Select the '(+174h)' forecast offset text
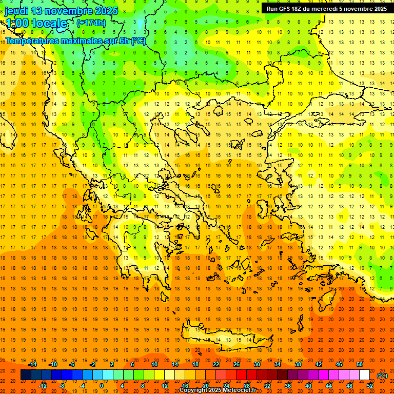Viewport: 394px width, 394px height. [x=91, y=23]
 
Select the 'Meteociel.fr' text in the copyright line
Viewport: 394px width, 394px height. [x=239, y=390]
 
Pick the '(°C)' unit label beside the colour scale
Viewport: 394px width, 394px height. [x=382, y=375]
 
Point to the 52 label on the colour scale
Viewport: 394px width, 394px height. [x=370, y=386]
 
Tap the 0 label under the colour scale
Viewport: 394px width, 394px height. [x=102, y=386]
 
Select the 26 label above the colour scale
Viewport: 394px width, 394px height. [x=237, y=364]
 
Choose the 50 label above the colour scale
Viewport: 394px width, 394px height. [x=359, y=364]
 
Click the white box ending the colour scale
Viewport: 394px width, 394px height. [x=364, y=375]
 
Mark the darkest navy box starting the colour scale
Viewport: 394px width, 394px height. [x=26, y=375]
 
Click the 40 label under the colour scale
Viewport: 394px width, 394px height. [x=308, y=386]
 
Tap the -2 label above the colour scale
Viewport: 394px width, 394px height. [x=93, y=364]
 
